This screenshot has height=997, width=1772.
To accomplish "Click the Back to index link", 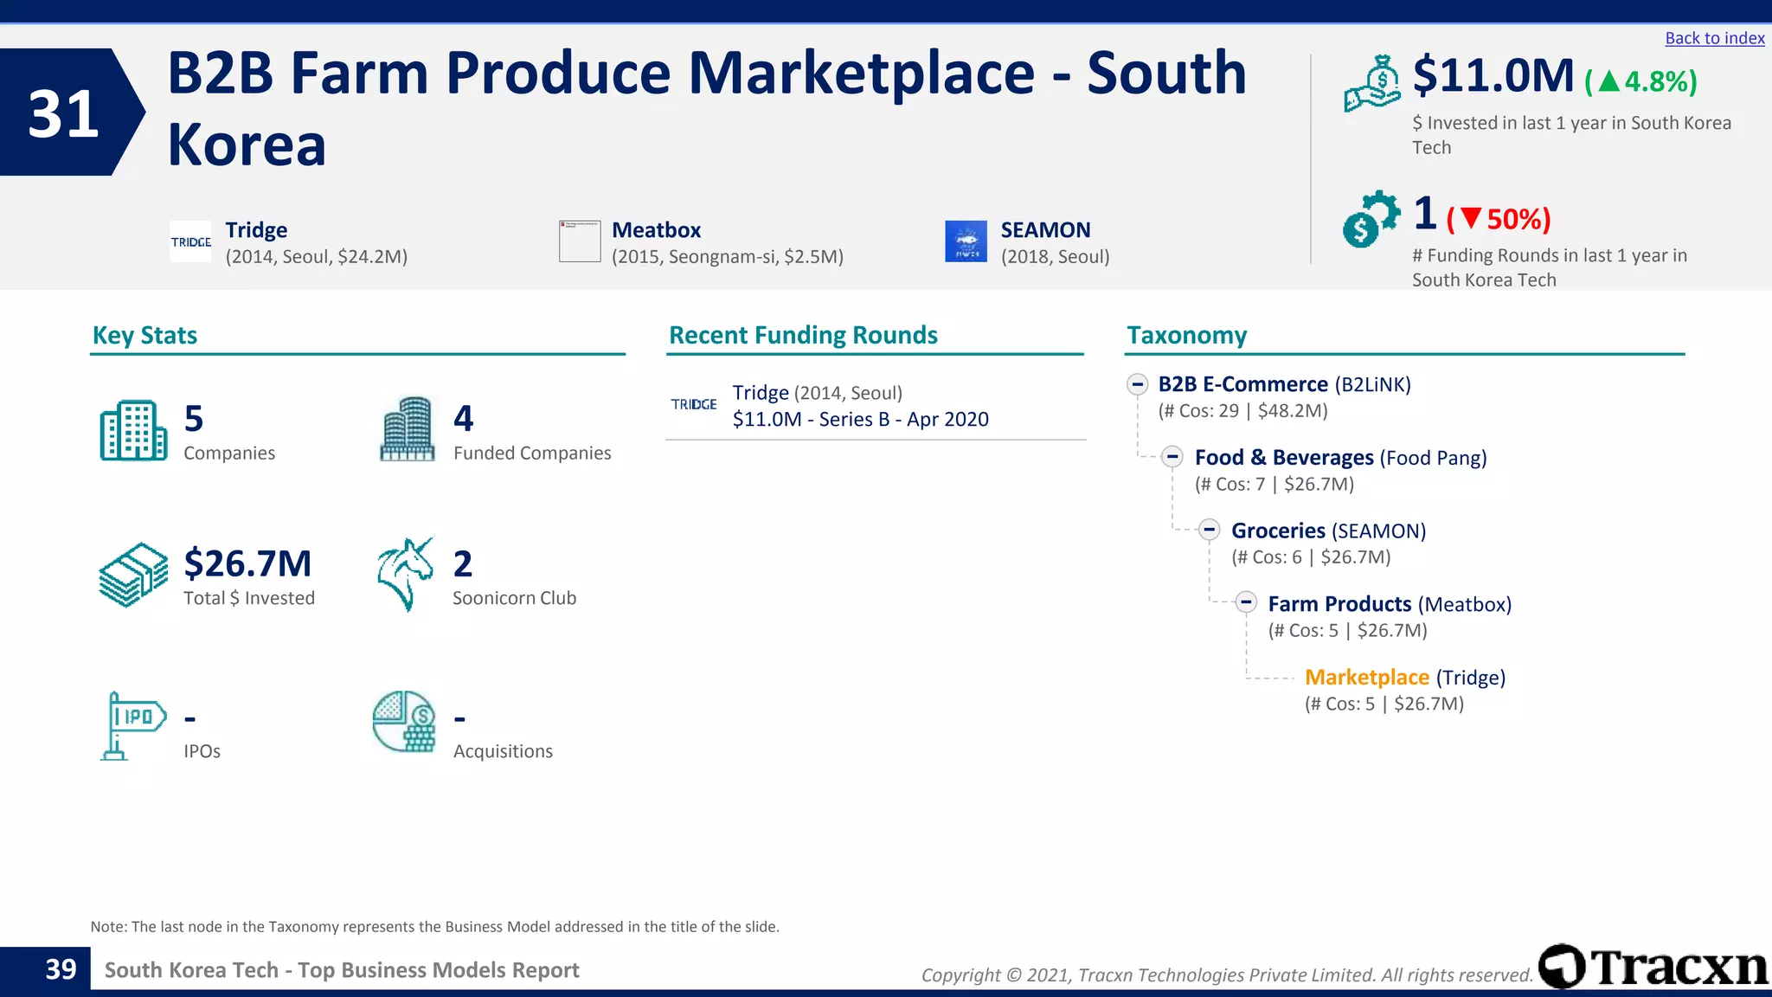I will click(1714, 38).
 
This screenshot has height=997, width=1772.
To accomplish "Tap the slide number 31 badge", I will click(64, 113).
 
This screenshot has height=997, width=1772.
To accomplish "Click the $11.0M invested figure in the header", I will click(1493, 76).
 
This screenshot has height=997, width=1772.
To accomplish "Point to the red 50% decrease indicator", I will click(1499, 219).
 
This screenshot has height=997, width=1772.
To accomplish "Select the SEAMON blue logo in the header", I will click(966, 241).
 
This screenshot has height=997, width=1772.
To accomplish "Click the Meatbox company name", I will click(656, 230).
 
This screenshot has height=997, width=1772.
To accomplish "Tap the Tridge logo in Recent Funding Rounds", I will click(694, 404).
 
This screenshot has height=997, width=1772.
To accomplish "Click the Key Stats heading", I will click(144, 335).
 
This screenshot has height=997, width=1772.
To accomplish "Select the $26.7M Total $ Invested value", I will click(247, 563).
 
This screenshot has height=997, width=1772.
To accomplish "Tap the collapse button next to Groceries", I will click(1209, 530).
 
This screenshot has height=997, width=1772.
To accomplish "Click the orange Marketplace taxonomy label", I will click(1366, 677).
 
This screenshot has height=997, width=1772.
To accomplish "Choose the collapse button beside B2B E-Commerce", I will click(1137, 383).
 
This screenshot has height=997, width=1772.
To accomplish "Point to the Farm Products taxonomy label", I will click(1339, 603).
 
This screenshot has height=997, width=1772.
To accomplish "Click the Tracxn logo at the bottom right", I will click(1653, 967).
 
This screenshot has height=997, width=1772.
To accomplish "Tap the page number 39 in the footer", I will click(61, 969).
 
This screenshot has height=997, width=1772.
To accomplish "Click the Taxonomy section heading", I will click(1186, 335).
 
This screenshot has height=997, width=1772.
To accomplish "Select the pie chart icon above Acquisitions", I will click(404, 722).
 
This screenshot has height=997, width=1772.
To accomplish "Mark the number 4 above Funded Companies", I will click(464, 419).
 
